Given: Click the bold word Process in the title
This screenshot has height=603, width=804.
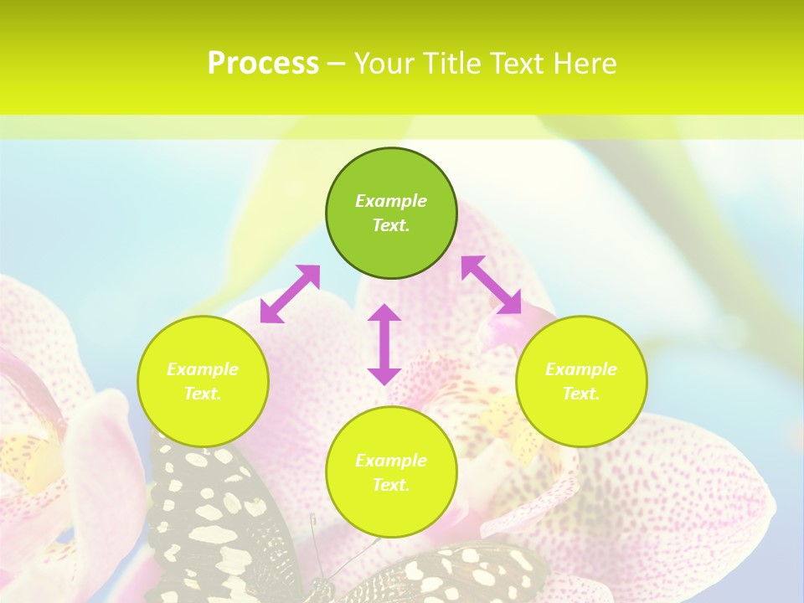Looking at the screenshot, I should [x=263, y=64].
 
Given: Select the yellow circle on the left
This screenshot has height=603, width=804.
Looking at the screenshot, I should [x=203, y=419].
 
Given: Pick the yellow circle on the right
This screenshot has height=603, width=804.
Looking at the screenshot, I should [x=581, y=419].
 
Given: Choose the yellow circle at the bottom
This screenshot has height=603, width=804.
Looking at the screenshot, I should [x=391, y=511].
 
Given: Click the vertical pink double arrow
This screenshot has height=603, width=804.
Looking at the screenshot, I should [x=384, y=344].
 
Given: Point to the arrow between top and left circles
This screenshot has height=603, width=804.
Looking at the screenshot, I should [x=290, y=294].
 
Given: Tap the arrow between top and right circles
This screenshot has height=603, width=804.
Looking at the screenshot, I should [x=491, y=285].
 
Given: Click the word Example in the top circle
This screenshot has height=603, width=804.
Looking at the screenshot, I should [x=391, y=201].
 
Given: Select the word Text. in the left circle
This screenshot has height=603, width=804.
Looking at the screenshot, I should [x=203, y=394].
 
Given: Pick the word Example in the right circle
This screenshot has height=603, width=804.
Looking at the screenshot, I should [x=581, y=369].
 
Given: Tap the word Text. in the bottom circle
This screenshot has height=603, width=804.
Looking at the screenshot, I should [x=391, y=485].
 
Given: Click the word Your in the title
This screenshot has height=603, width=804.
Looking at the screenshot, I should [x=384, y=64].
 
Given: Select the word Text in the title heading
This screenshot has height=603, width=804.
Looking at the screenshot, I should [x=518, y=64].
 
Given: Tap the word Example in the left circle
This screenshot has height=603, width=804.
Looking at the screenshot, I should [x=203, y=369].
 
